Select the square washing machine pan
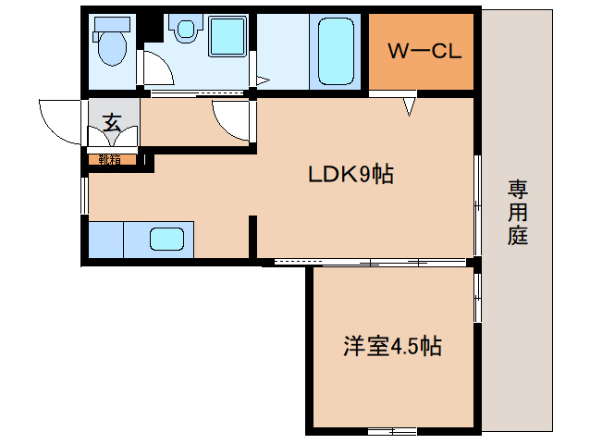[x=227, y=38]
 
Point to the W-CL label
[x=424, y=52]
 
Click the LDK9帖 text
[x=350, y=173]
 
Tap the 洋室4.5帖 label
[x=391, y=347]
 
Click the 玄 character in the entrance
[x=112, y=121]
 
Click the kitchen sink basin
[x=167, y=240]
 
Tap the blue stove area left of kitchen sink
[x=105, y=240]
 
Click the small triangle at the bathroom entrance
[x=262, y=80]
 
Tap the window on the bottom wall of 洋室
[x=391, y=431]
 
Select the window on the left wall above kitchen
[x=84, y=194]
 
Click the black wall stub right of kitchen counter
[x=252, y=237]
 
